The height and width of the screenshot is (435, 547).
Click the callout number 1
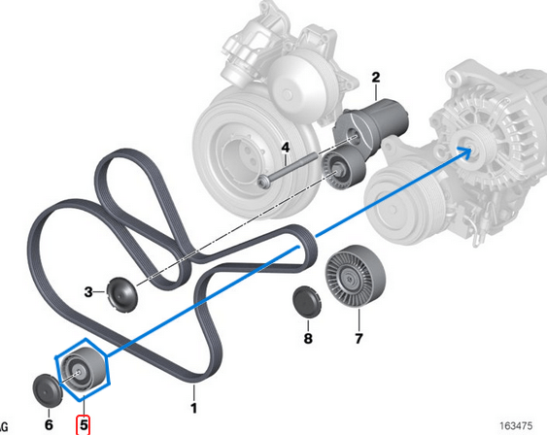click(193, 409)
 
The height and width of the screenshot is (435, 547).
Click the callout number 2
click(375, 76)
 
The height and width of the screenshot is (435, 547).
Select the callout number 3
click(88, 291)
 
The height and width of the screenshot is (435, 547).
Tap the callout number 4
click(286, 148)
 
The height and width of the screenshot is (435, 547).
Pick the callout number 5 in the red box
click(84, 423)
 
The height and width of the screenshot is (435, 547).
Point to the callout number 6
click(48, 423)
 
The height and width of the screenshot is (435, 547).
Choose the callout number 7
click(358, 339)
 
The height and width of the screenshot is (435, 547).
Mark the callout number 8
click(308, 339)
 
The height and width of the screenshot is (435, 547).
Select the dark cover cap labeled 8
click(308, 302)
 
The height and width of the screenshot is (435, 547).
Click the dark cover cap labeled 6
click(46, 389)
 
